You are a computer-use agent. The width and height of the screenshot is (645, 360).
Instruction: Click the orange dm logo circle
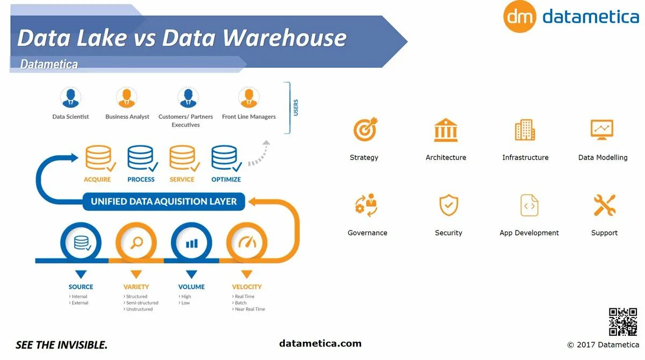520,17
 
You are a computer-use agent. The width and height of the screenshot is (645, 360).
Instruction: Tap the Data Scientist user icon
70,98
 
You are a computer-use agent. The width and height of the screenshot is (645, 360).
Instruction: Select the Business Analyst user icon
126,98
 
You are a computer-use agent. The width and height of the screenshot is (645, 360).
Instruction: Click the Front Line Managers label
249,117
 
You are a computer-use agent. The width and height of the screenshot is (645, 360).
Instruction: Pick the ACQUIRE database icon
99,158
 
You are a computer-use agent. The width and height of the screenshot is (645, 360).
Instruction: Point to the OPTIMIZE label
226,179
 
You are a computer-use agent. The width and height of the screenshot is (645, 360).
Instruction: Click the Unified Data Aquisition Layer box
164,201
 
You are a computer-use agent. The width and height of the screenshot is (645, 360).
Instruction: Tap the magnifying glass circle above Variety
137,242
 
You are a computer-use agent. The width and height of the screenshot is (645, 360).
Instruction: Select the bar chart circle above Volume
191,243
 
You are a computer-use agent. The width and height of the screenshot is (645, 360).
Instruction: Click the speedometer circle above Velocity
247,242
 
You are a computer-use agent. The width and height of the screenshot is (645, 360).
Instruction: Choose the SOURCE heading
81,287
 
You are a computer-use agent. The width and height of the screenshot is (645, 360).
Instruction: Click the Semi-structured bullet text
142,303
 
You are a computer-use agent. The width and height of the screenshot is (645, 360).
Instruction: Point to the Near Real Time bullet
250,309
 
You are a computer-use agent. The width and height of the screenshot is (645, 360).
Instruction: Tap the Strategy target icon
365,129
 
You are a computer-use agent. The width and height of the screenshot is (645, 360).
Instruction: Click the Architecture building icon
446,130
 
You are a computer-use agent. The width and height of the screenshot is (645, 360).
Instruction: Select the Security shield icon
448,205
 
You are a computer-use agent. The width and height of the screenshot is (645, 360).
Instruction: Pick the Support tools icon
604,205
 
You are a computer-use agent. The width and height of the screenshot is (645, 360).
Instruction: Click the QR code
622,321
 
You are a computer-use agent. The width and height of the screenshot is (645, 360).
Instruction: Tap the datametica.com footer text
320,343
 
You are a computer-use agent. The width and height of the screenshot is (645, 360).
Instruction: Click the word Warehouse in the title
285,38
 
